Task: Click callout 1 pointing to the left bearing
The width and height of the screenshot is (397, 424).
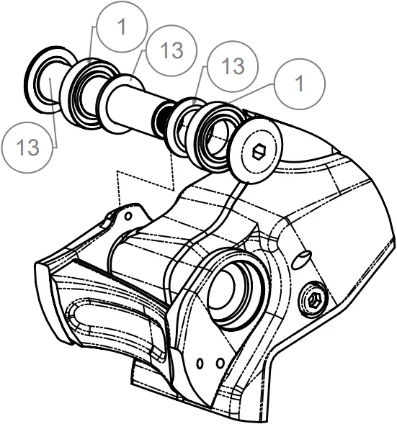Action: [x=120, y=27]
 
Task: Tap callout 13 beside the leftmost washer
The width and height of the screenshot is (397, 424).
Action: [x=27, y=147]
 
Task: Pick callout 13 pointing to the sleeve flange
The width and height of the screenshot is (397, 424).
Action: [x=169, y=50]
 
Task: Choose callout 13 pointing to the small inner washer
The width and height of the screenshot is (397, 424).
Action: [x=232, y=66]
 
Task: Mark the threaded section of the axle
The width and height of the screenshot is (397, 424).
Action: [x=165, y=119]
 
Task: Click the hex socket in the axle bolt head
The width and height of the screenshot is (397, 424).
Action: [x=261, y=153]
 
